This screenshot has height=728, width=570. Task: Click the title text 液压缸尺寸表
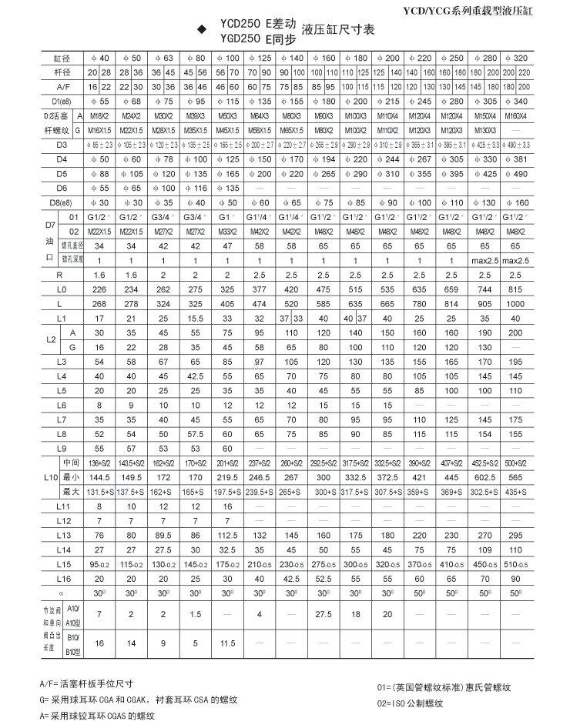coord(338,30)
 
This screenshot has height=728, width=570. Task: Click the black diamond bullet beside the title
coord(202,30)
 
